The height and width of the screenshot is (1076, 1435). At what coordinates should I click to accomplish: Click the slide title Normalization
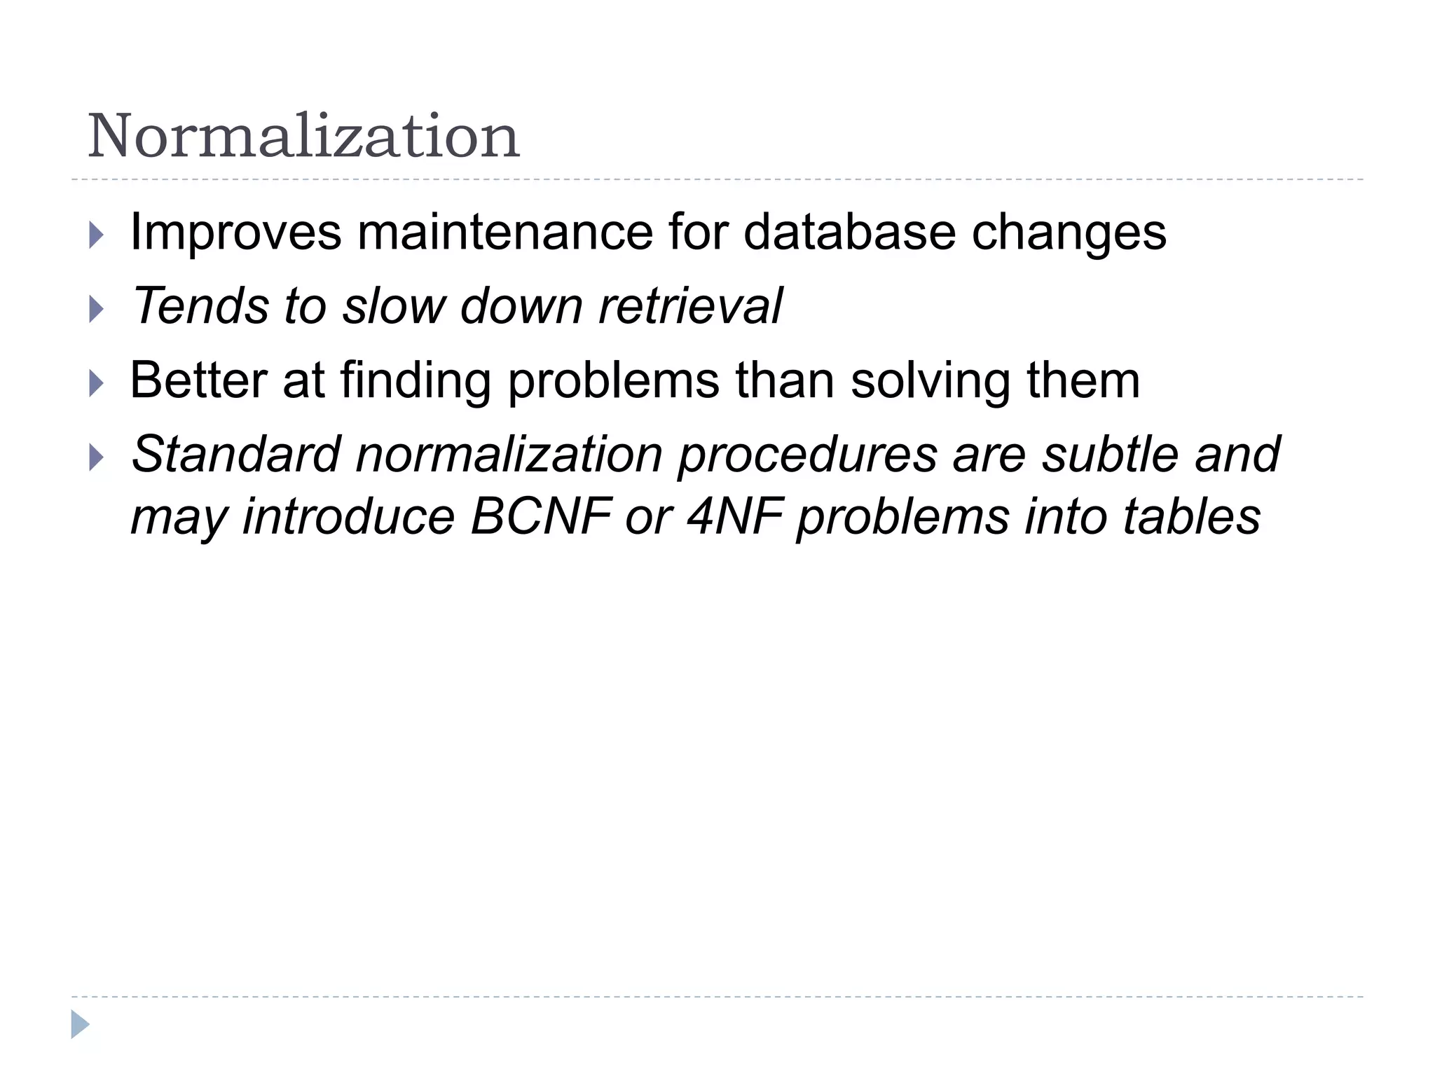tap(303, 136)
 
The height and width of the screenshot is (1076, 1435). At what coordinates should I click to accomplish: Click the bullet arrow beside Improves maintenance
tap(97, 235)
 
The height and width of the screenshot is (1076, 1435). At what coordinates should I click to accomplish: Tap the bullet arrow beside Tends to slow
tap(97, 309)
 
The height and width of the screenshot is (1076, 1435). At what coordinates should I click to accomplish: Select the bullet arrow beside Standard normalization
tap(97, 458)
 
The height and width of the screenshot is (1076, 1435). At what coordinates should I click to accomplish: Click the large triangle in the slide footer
tap(80, 1024)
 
